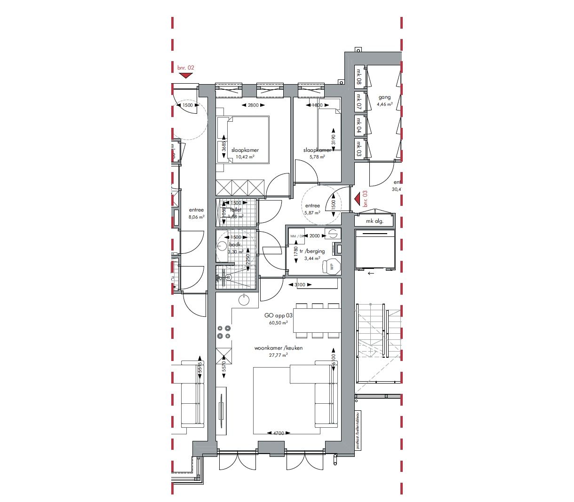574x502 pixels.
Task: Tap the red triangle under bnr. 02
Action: point(186,75)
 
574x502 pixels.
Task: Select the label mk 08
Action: point(359,77)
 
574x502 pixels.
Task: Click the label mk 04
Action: point(359,124)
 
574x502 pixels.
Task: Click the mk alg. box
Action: point(375,221)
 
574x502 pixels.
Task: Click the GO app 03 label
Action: point(279,316)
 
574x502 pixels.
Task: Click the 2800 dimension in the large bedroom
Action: point(253,105)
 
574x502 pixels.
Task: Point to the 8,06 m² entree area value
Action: point(196,217)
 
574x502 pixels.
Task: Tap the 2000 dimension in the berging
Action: point(314,236)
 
